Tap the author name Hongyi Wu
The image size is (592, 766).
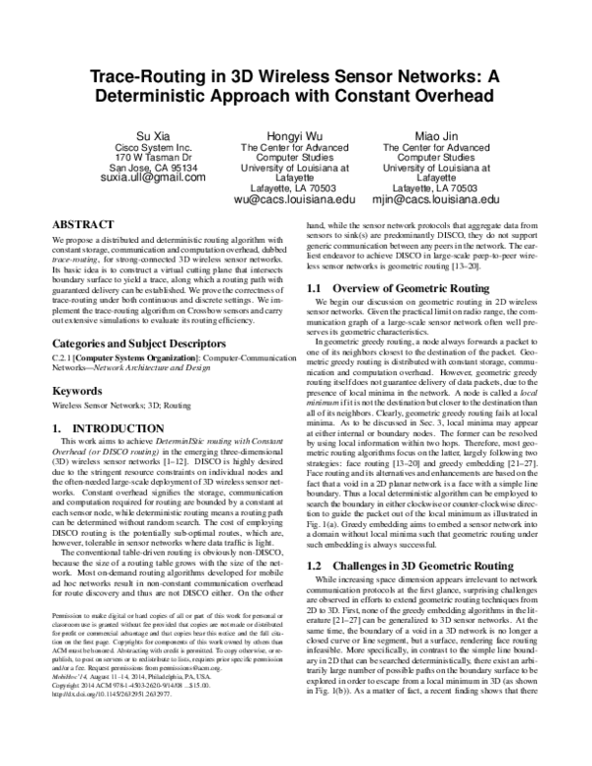(294, 134)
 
